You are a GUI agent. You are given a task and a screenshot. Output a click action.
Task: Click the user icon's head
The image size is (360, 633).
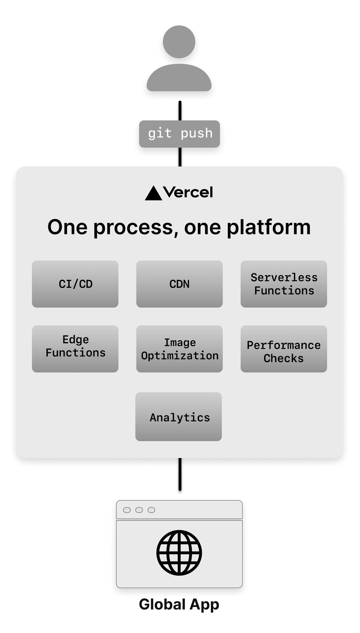[x=179, y=42]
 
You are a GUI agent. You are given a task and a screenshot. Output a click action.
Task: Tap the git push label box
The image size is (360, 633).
[x=179, y=134]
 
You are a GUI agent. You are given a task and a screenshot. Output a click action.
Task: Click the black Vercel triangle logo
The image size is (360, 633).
[x=153, y=193]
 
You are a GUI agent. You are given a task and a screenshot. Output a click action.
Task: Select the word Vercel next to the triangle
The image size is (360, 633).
[x=188, y=192]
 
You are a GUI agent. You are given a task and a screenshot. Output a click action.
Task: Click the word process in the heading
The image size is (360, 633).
[x=133, y=227]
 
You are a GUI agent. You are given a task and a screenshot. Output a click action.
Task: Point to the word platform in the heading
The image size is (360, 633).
[x=269, y=227]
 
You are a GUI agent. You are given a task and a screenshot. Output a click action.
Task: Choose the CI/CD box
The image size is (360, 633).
[x=75, y=284]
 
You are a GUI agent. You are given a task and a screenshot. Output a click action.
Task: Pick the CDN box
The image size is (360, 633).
[x=179, y=284]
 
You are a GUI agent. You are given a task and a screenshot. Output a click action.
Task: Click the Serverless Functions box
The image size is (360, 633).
[x=284, y=284]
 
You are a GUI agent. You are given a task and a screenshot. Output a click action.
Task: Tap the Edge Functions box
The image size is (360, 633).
[x=75, y=349]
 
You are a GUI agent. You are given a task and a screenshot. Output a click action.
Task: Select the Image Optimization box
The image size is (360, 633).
[x=179, y=349]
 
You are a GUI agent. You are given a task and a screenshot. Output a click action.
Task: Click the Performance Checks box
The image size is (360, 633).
[x=284, y=349]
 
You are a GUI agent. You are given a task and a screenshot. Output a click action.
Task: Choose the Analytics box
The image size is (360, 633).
[x=179, y=417]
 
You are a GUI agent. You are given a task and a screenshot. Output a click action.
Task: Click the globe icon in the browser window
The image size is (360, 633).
[x=179, y=552]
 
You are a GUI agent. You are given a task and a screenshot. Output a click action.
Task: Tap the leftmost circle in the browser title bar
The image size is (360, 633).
[x=127, y=510]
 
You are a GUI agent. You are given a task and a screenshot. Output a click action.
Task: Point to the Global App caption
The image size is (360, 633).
[x=179, y=604]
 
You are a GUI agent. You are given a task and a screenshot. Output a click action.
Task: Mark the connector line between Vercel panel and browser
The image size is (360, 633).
[x=180, y=474]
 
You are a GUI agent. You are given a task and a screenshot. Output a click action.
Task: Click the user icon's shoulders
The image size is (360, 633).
[x=179, y=78]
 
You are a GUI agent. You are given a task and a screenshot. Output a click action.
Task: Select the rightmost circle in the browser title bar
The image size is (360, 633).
[x=151, y=510]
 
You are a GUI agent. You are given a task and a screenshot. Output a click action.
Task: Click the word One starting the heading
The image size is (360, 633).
[x=67, y=227]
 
